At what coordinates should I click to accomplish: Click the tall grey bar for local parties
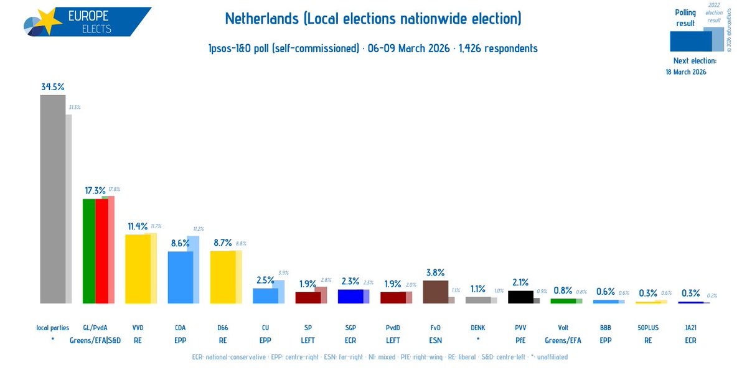click(x=52, y=199)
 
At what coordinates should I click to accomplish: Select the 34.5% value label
click(x=53, y=86)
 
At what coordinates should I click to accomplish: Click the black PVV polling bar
click(x=520, y=297)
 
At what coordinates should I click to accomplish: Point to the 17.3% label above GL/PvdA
click(x=95, y=190)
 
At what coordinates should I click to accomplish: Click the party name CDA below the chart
click(x=181, y=327)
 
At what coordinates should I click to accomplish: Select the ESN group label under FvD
click(x=435, y=340)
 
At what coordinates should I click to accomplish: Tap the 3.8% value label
click(x=435, y=272)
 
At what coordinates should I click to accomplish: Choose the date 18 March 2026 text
click(x=685, y=72)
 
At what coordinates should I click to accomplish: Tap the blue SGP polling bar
click(x=350, y=296)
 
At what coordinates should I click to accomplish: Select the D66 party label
click(x=223, y=327)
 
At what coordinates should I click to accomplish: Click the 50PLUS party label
click(x=647, y=327)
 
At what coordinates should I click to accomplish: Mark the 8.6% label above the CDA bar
click(x=181, y=243)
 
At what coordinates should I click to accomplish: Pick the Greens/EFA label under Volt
click(x=563, y=340)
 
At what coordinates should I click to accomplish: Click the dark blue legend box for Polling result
click(x=690, y=41)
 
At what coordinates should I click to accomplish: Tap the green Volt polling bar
click(x=563, y=301)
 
